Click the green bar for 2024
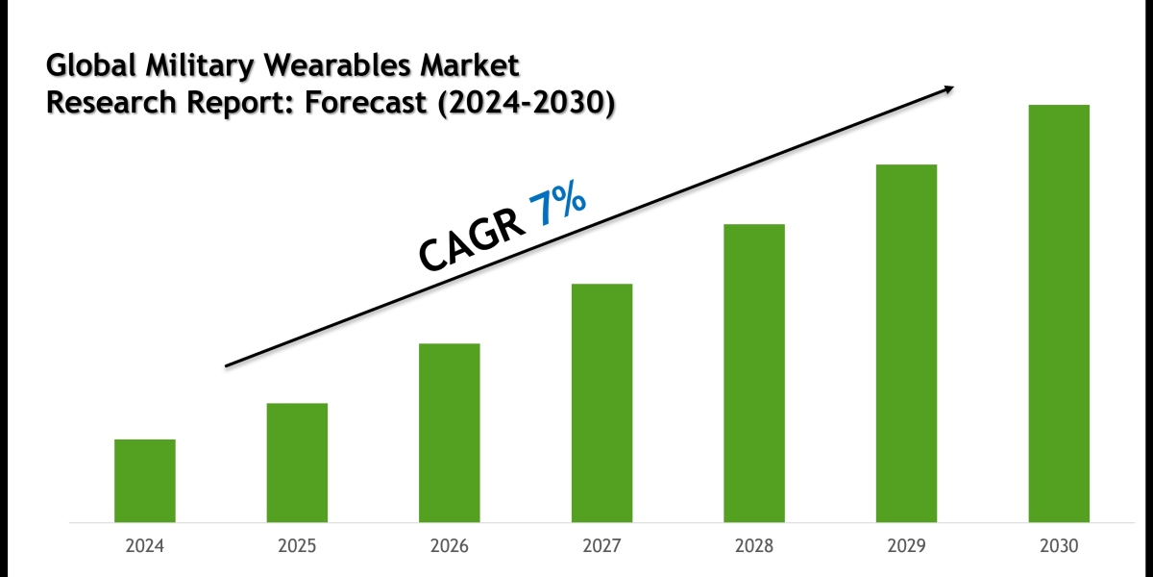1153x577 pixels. tap(144, 481)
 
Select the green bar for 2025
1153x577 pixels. tap(297, 463)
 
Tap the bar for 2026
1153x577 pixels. tap(449, 433)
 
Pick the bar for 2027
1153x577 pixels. tap(601, 403)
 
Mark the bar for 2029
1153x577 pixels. tap(906, 343)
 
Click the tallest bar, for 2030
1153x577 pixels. tap(1059, 314)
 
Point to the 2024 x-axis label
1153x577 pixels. tap(144, 546)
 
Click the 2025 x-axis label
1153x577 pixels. tap(297, 546)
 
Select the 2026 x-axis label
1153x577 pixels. tap(449, 546)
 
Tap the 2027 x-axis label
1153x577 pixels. tap(601, 546)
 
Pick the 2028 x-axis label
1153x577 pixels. tap(754, 546)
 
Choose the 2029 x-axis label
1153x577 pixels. tap(906, 546)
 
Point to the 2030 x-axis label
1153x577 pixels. tap(1059, 546)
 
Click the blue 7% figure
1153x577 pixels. tap(556, 207)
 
